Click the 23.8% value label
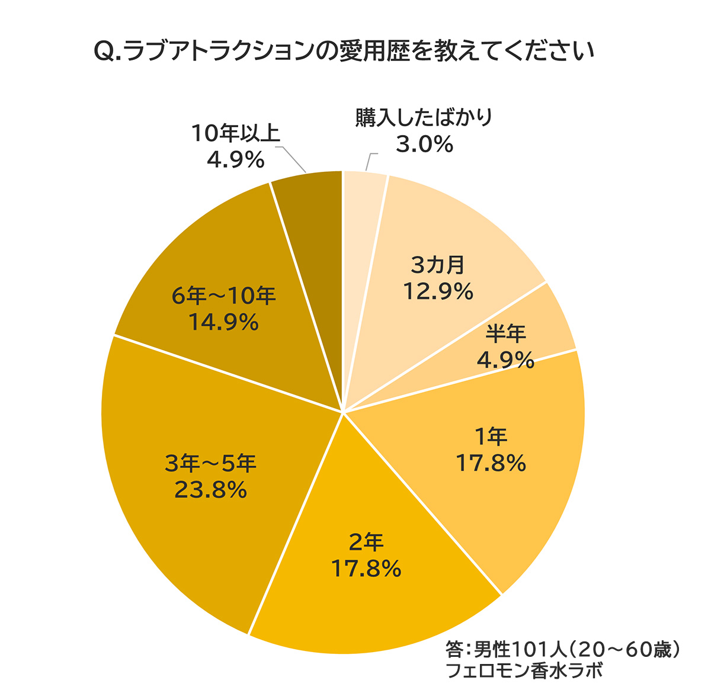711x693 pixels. click(x=210, y=490)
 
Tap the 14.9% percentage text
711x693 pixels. click(x=223, y=323)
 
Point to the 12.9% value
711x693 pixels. click(x=438, y=291)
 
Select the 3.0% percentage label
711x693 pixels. click(x=424, y=144)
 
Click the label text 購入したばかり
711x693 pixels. click(x=424, y=118)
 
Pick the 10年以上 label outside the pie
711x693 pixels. click(x=235, y=133)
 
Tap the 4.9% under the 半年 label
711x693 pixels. click(x=505, y=360)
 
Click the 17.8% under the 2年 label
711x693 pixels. click(x=366, y=569)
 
